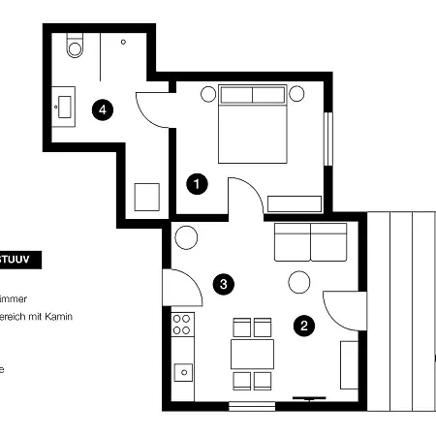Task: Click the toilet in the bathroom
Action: (76, 46)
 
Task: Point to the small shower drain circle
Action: (124, 43)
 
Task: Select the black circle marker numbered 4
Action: (102, 110)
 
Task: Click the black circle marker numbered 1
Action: (196, 182)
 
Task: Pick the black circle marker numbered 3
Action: (224, 284)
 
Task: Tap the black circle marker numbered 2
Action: (304, 326)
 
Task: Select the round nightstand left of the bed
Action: (208, 94)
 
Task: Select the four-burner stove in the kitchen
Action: (181, 324)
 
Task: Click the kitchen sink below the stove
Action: (182, 370)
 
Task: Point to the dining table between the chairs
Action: (252, 353)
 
